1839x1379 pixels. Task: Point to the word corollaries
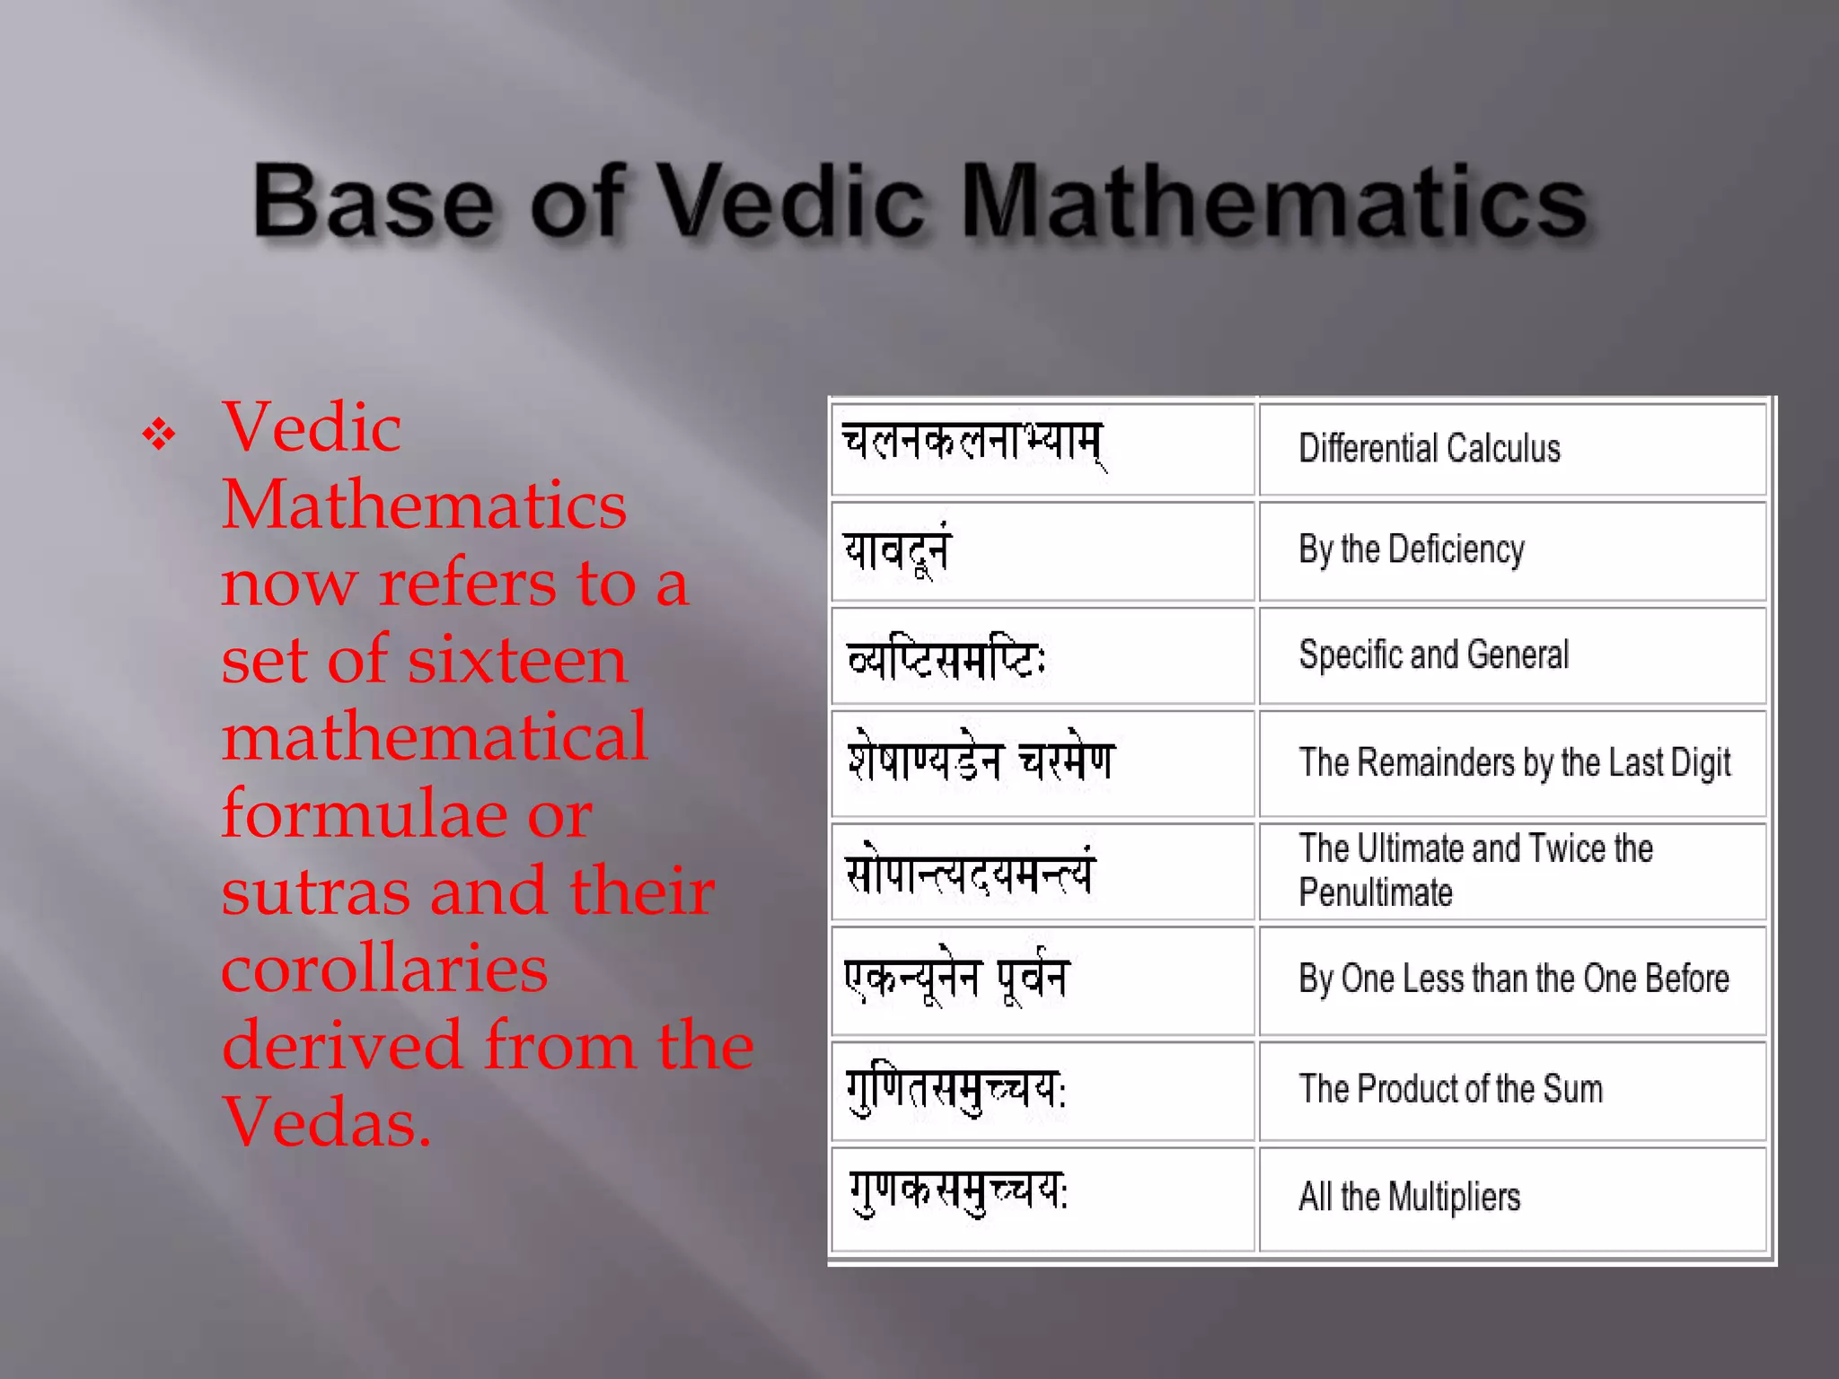point(384,969)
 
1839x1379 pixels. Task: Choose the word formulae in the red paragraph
point(365,814)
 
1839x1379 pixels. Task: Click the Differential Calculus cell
point(1430,448)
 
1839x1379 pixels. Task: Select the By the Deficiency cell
point(1412,549)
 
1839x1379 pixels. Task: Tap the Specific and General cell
point(1434,654)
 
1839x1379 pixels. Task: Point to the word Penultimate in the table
point(1376,892)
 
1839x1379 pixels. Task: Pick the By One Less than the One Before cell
point(1514,979)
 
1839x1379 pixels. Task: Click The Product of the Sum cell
point(1450,1089)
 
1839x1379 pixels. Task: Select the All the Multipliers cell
point(1410,1197)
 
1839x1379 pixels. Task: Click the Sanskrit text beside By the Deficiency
point(897,549)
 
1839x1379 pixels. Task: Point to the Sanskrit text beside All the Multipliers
point(958,1193)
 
